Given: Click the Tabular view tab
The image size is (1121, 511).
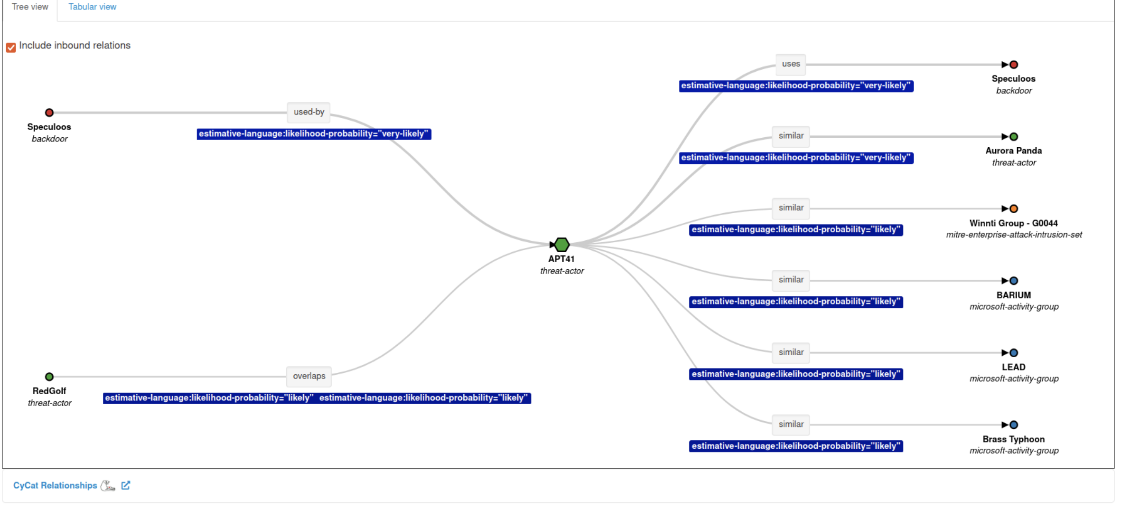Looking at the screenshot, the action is coord(92,7).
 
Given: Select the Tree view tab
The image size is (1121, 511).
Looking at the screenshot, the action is coord(30,7).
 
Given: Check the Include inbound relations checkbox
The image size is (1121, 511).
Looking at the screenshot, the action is coord(11,47).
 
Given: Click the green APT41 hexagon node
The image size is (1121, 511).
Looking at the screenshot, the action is coord(562,245).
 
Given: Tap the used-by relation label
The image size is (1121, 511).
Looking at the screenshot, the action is coord(308,112).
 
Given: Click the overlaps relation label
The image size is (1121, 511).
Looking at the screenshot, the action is coord(309,376).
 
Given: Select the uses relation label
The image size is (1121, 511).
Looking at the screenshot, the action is coord(791,64).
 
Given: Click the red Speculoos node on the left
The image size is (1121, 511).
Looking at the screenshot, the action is coord(49,113).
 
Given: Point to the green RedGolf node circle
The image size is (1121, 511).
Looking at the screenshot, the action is coord(49,377).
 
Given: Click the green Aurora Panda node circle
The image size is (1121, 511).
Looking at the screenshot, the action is coord(1014,137).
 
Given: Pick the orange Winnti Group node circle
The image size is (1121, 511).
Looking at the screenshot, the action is coord(1014,208).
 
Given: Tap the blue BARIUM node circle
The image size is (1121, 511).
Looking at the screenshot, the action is coord(1014,281).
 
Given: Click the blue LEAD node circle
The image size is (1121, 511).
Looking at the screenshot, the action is coord(1014,353).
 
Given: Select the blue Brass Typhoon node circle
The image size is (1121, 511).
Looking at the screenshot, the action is coord(1014,425).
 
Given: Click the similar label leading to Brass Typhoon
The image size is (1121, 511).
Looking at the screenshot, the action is coord(791,425).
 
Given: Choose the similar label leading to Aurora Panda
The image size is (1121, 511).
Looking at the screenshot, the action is coord(791,136).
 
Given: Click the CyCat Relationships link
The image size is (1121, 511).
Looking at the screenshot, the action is coord(55,485).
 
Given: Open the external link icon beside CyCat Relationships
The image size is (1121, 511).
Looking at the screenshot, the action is coord(126,485).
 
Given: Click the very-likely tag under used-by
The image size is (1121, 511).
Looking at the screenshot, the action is coord(314,134).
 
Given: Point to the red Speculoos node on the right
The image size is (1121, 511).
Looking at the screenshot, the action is coord(1014,65).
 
